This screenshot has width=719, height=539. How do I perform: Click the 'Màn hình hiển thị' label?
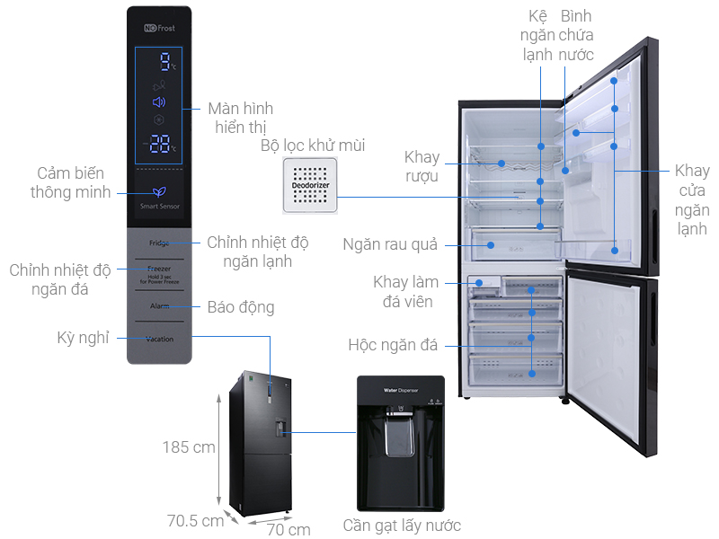click(x=240, y=118)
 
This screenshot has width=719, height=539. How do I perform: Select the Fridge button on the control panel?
click(x=159, y=243)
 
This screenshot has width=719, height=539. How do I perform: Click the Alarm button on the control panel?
click(x=159, y=306)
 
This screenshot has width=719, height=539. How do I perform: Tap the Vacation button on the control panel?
click(x=159, y=339)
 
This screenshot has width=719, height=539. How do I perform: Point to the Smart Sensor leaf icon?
click(x=159, y=191)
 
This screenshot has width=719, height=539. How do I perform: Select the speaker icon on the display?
click(x=159, y=102)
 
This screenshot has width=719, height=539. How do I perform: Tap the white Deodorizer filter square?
click(x=309, y=186)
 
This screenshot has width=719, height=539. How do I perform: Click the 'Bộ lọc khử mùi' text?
click(x=313, y=146)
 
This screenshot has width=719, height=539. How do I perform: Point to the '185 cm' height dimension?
click(x=189, y=446)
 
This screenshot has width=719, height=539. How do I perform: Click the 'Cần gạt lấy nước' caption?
click(x=402, y=526)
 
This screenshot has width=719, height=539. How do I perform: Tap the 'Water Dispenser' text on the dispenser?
click(x=402, y=391)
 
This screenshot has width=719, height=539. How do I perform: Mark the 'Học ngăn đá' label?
click(x=392, y=345)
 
